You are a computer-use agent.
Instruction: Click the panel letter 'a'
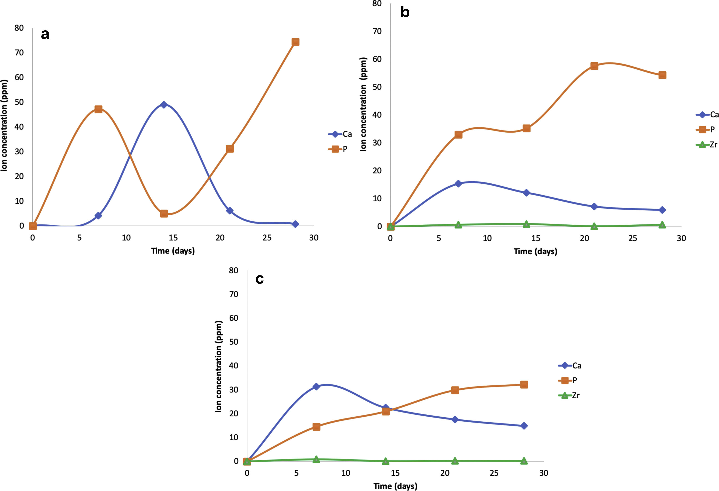[x=45, y=34]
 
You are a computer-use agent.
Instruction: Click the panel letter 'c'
[x=259, y=279]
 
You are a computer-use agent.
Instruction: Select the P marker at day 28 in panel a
[x=295, y=42]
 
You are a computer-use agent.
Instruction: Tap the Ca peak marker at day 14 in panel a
[x=164, y=105]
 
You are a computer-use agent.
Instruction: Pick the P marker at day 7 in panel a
[x=98, y=109]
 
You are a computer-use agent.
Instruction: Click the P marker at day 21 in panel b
[x=594, y=66]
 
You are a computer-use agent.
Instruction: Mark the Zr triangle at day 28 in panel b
[x=662, y=225]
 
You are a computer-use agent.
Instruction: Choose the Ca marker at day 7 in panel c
[x=316, y=386]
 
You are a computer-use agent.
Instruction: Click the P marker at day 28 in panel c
[x=524, y=385]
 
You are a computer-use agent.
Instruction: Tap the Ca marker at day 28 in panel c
[x=524, y=426]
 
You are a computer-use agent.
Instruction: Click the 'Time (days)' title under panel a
[x=173, y=250]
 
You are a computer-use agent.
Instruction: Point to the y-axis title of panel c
[x=218, y=367]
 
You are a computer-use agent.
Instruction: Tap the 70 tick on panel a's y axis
[x=19, y=53]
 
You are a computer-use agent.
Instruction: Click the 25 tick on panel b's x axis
[x=633, y=238]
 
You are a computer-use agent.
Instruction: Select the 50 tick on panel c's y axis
[x=234, y=342]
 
